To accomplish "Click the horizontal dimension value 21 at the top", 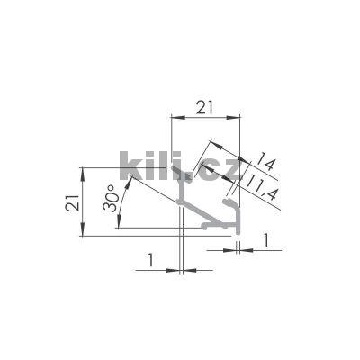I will (206, 107).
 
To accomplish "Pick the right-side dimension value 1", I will (267, 239).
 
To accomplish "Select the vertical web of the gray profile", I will (182, 216).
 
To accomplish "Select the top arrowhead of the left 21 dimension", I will (84, 171).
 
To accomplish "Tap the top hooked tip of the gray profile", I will (190, 175).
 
